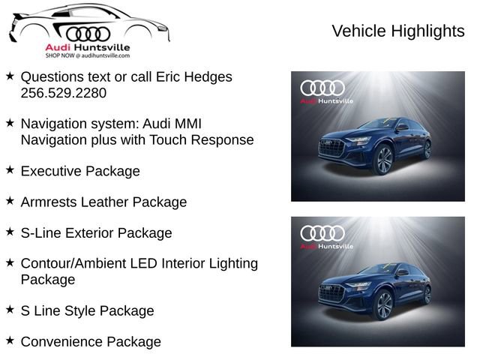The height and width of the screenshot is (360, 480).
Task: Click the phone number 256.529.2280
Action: point(64,93)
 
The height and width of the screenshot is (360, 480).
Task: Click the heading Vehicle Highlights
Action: point(397,31)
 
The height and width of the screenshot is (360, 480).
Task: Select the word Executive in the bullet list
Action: point(51,171)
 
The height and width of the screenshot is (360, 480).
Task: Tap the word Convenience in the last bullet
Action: point(61,342)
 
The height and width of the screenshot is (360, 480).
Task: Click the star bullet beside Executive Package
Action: point(10,170)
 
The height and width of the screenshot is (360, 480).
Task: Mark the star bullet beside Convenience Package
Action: point(10,340)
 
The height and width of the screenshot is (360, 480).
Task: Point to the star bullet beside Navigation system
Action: point(10,122)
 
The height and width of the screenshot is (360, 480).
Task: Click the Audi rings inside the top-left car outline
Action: point(88,33)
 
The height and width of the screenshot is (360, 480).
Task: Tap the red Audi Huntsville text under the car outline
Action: point(87,48)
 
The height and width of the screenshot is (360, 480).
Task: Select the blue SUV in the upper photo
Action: point(375,146)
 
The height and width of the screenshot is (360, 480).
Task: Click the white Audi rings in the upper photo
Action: point(322,88)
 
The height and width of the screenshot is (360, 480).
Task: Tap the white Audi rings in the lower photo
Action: point(322,233)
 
